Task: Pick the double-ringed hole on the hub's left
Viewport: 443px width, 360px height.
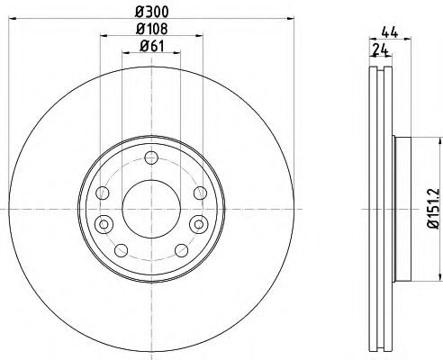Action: [103, 223]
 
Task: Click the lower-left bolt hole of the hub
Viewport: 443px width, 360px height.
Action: [121, 248]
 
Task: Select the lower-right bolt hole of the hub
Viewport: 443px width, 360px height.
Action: [180, 248]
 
